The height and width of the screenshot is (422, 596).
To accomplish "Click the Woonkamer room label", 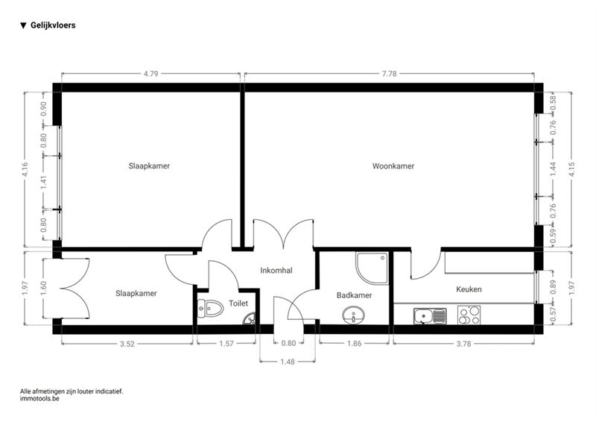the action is pos(393,166).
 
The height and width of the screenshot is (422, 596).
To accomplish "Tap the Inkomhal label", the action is pos(276,270).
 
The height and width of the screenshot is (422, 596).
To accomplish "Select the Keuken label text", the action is pos(469,289).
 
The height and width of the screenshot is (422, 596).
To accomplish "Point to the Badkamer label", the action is pos(355,295).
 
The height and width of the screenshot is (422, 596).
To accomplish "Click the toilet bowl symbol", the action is pos(210,308).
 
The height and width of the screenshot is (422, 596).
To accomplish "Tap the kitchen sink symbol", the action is pos(430,316).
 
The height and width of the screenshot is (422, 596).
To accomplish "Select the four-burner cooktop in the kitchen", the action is pos(469,315).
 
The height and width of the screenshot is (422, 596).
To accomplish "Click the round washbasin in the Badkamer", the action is pos(353,315).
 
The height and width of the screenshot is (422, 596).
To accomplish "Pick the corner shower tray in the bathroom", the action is pos(372,268).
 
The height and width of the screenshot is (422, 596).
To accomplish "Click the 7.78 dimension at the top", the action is pos(389,74).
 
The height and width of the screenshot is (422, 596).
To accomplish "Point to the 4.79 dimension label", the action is pos(151,74).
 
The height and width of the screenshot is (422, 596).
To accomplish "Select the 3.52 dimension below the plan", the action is pos(127,344).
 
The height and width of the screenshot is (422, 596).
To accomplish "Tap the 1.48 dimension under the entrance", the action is pos(288,362).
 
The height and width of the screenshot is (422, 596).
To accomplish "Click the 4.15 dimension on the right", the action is pos(571,169).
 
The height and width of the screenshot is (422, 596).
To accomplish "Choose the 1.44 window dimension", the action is pos(553,169).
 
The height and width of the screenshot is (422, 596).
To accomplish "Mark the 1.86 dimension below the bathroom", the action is pos(355,344).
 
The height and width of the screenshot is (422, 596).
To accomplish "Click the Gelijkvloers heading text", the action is pos(53,25).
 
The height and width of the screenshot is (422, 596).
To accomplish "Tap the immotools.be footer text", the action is pos(39,399).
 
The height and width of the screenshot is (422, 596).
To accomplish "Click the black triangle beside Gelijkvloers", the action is pos(23,25).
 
